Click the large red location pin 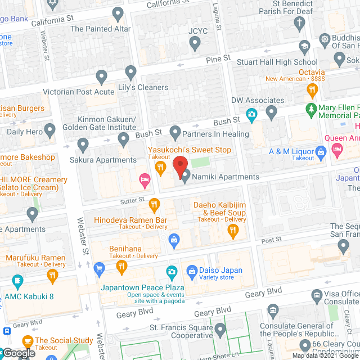(x=180, y=166)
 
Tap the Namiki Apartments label (x=225, y=177)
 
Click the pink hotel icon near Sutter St (x=145, y=181)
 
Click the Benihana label (x=125, y=249)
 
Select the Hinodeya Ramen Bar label (x=130, y=219)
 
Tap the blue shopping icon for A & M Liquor (x=321, y=151)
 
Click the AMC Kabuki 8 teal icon (x=18, y=281)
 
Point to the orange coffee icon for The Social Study (x=27, y=340)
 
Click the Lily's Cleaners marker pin (x=131, y=72)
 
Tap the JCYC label (x=195, y=31)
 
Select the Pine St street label (x=218, y=58)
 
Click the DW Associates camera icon (x=251, y=115)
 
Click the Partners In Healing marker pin (x=175, y=133)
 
